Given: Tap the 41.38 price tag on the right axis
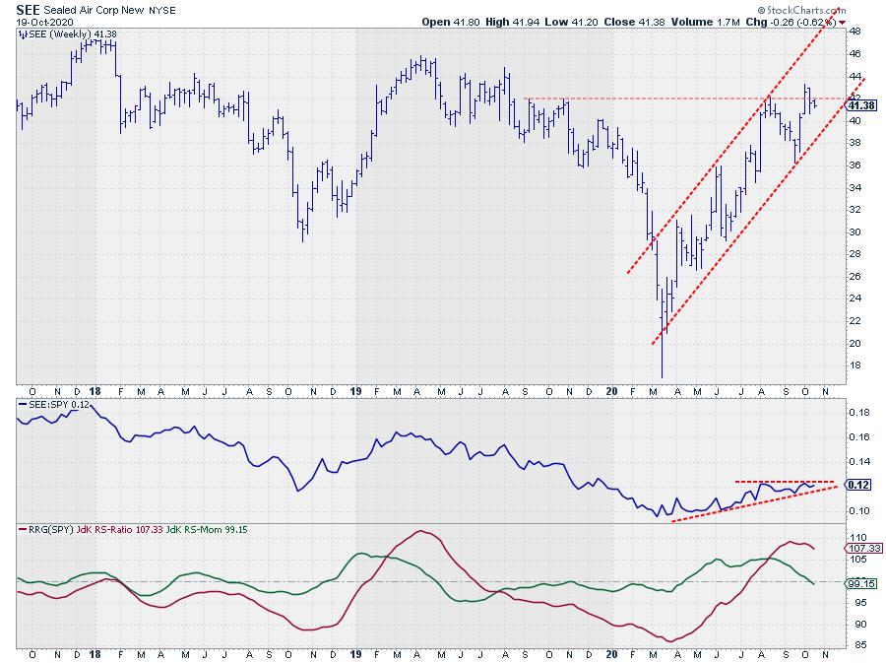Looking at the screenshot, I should [x=861, y=105].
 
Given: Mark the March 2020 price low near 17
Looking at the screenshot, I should [x=662, y=374].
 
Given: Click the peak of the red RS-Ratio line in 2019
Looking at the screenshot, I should [x=420, y=532].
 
